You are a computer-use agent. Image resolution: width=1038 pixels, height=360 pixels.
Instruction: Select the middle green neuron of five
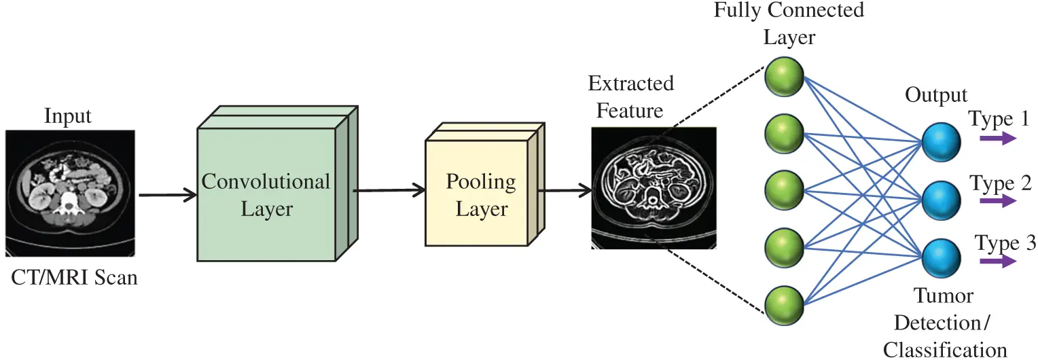(x=785, y=190)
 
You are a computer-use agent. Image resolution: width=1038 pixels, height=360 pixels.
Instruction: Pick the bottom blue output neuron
(x=941, y=257)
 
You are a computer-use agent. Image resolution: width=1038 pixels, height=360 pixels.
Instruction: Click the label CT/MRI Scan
(x=74, y=278)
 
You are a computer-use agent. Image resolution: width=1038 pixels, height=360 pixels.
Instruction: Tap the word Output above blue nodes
(x=936, y=95)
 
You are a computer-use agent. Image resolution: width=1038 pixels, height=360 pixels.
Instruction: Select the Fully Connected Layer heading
(x=789, y=23)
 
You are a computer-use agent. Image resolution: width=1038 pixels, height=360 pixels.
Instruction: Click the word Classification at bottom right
(x=945, y=349)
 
